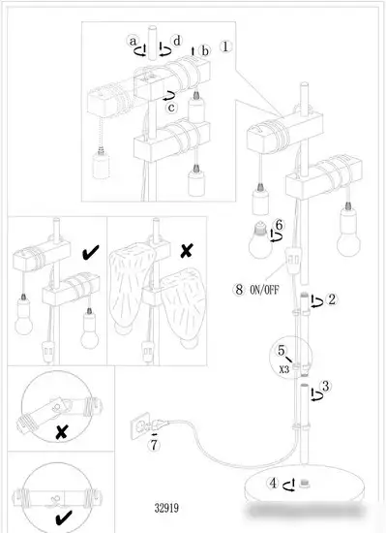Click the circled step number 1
226,47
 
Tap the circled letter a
133,41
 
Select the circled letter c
171,108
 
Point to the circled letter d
177,41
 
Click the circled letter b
205,51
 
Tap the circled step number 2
332,299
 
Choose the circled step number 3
326,386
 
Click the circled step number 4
274,483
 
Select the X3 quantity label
284,369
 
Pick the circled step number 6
279,225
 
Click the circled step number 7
155,445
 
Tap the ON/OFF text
264,290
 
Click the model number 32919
166,508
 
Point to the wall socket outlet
141,425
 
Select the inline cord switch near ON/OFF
292,262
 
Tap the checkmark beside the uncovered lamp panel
91,252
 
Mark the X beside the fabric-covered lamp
186,251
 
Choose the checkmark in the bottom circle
64,517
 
